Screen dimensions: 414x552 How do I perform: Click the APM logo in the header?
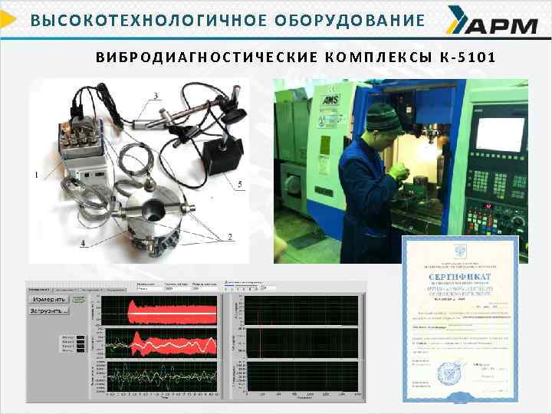491,25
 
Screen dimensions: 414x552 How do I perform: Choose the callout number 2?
230,238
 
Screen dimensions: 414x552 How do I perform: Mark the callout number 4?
82,245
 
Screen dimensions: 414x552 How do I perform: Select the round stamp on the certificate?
449,373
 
